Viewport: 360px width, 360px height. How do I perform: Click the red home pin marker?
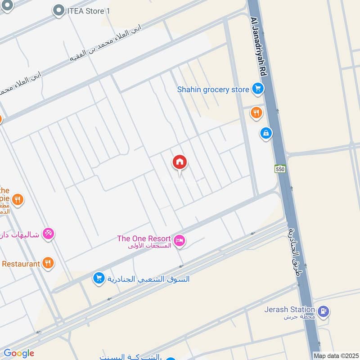(x=180, y=162)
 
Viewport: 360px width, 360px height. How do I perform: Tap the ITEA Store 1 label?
(x=88, y=10)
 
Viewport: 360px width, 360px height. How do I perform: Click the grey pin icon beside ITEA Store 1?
(x=58, y=10)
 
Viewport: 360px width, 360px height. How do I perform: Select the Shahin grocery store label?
(x=213, y=90)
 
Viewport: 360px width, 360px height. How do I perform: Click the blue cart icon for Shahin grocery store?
(x=257, y=89)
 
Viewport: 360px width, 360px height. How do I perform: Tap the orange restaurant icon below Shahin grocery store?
(x=256, y=112)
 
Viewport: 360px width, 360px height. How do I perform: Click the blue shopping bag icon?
(x=266, y=133)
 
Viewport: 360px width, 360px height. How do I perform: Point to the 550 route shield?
(x=280, y=169)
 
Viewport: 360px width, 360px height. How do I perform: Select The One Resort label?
(x=144, y=238)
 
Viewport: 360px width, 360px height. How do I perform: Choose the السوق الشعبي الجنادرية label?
(x=148, y=279)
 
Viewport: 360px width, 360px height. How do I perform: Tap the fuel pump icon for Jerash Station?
(x=323, y=311)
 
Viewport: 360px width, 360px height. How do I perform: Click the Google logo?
(x=19, y=353)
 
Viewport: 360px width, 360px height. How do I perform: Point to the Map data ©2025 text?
(x=335, y=355)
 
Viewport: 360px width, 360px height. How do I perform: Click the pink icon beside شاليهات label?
(x=49, y=233)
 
